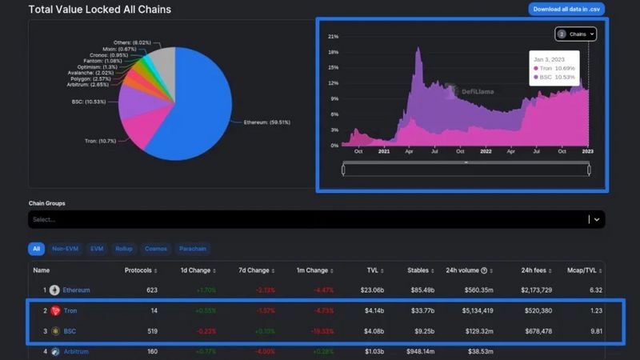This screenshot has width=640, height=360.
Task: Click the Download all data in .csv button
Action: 566,10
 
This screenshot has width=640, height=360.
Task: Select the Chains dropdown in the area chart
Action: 576,34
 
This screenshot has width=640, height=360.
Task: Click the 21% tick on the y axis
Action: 333,37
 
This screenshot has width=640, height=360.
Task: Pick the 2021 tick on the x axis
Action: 384,151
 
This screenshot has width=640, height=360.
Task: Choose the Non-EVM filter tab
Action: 65,249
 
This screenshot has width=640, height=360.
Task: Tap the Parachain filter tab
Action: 193,249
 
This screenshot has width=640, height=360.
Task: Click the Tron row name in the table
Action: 70,310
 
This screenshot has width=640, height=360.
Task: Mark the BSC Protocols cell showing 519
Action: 152,330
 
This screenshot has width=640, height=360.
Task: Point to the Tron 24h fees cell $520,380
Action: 538,310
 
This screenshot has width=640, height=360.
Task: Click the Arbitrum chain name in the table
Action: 77,350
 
